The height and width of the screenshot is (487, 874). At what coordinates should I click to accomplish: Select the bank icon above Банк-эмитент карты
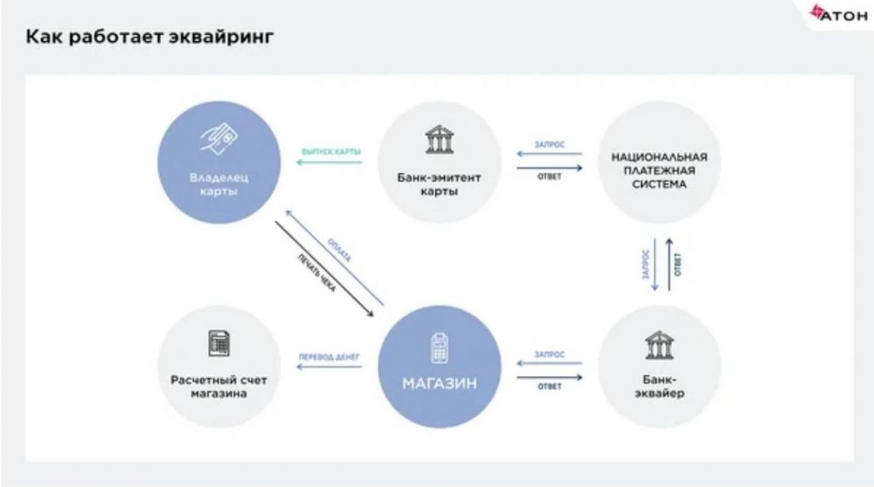point(440,140)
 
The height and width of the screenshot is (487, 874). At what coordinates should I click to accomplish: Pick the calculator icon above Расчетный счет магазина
point(219,344)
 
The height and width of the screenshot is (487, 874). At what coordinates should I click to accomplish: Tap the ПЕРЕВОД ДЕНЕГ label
point(329,357)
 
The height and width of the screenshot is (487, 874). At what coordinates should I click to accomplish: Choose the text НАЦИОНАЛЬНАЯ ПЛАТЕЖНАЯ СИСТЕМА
point(659,171)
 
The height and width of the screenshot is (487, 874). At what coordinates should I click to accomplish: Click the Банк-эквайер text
point(659,386)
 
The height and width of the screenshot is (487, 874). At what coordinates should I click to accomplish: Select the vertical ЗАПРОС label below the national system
point(646,265)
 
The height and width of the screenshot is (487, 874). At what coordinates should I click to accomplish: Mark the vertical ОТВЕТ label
point(678,264)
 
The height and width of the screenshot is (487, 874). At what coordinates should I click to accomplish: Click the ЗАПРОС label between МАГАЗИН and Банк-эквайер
point(549,356)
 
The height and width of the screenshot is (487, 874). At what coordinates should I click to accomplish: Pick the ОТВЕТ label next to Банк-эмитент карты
point(549,177)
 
